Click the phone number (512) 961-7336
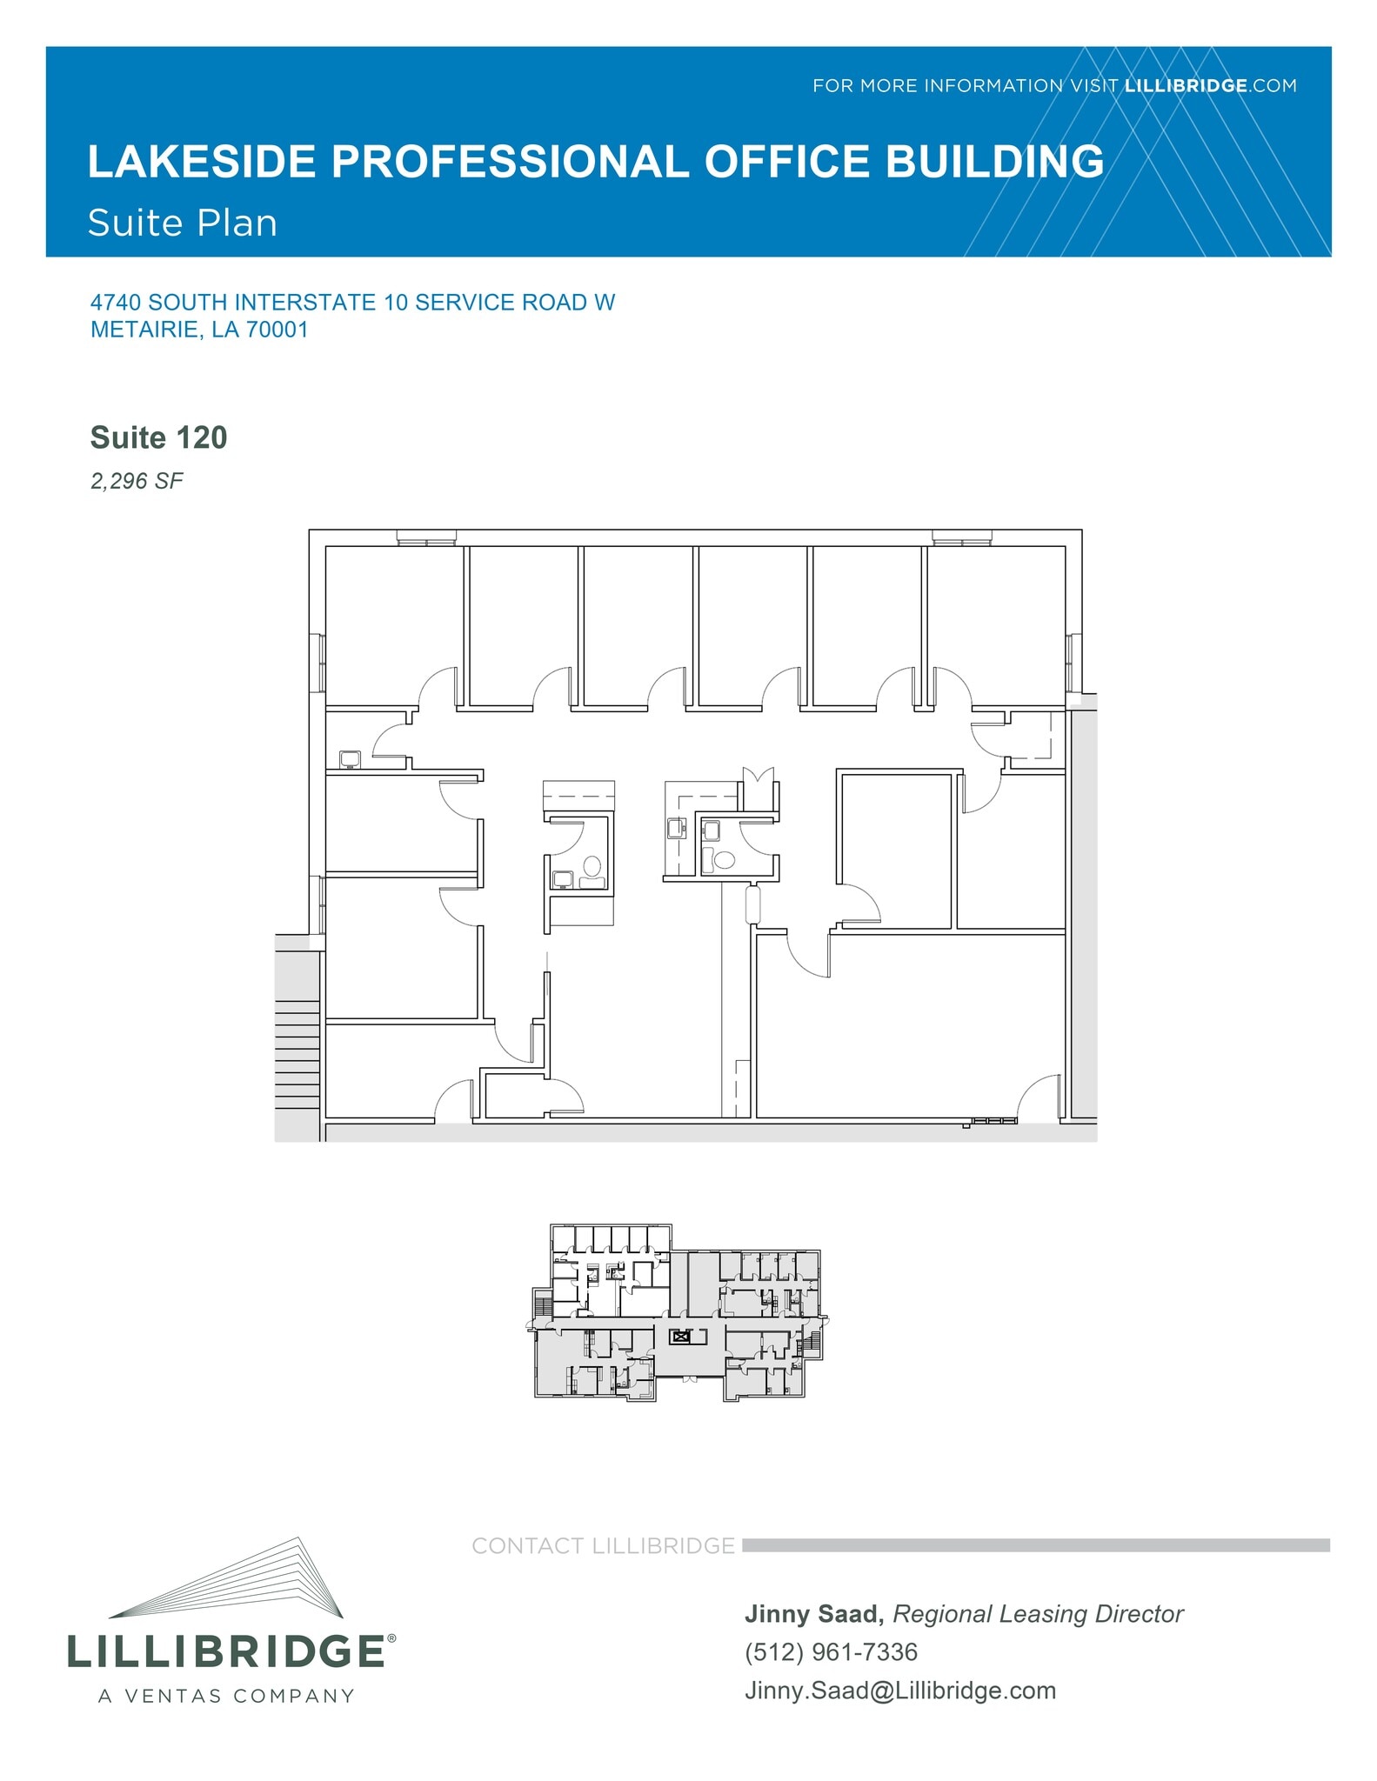pyautogui.click(x=831, y=1651)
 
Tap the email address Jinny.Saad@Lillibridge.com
pyautogui.click(x=900, y=1691)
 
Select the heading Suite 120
pyautogui.click(x=158, y=437)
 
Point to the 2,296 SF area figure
pyautogui.click(x=137, y=481)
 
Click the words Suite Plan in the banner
pyautogui.click(x=183, y=223)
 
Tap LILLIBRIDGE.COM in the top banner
pyautogui.click(x=1210, y=85)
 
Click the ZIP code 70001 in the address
pyautogui.click(x=277, y=330)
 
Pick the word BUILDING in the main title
pyautogui.click(x=995, y=162)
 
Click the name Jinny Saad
pyautogui.click(x=811, y=1614)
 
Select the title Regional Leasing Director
pyautogui.click(x=1038, y=1614)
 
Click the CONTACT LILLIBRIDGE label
pyautogui.click(x=603, y=1545)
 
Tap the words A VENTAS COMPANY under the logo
pyautogui.click(x=226, y=1697)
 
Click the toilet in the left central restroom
pyautogui.click(x=592, y=866)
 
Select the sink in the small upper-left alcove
pyautogui.click(x=350, y=758)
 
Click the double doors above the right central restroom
pyautogui.click(x=758, y=776)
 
